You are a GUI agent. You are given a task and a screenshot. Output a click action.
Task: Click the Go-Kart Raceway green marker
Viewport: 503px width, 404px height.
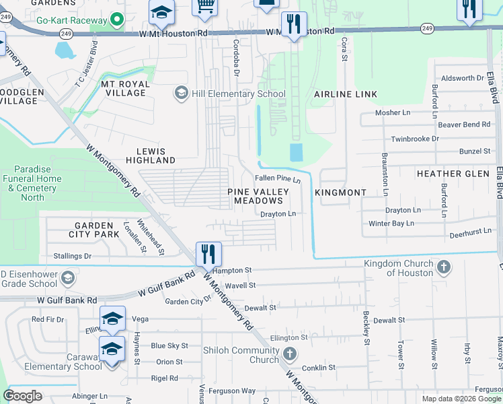click(118, 20)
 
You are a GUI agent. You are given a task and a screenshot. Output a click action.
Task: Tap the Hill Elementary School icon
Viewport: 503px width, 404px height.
click(180, 94)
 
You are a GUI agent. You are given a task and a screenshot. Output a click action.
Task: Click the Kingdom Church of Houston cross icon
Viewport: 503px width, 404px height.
click(443, 268)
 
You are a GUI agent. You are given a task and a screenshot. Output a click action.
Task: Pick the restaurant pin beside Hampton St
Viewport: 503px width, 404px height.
click(208, 254)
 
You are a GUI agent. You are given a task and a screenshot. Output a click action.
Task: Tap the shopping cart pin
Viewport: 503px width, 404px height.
click(204, 6)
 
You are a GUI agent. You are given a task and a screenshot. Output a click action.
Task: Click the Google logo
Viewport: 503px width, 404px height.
click(23, 396)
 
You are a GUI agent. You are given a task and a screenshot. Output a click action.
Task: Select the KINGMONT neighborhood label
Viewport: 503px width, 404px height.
click(340, 193)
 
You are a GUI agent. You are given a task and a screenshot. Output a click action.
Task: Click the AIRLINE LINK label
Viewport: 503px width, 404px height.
click(346, 94)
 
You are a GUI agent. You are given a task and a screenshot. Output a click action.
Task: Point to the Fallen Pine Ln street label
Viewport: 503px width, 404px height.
click(277, 179)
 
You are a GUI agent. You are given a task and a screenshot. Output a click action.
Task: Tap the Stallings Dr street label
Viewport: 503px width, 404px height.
click(73, 257)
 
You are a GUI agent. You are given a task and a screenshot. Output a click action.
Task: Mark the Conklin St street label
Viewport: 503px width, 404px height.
click(319, 368)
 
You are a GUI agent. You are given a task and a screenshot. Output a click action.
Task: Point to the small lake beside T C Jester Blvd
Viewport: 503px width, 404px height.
click(65, 50)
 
